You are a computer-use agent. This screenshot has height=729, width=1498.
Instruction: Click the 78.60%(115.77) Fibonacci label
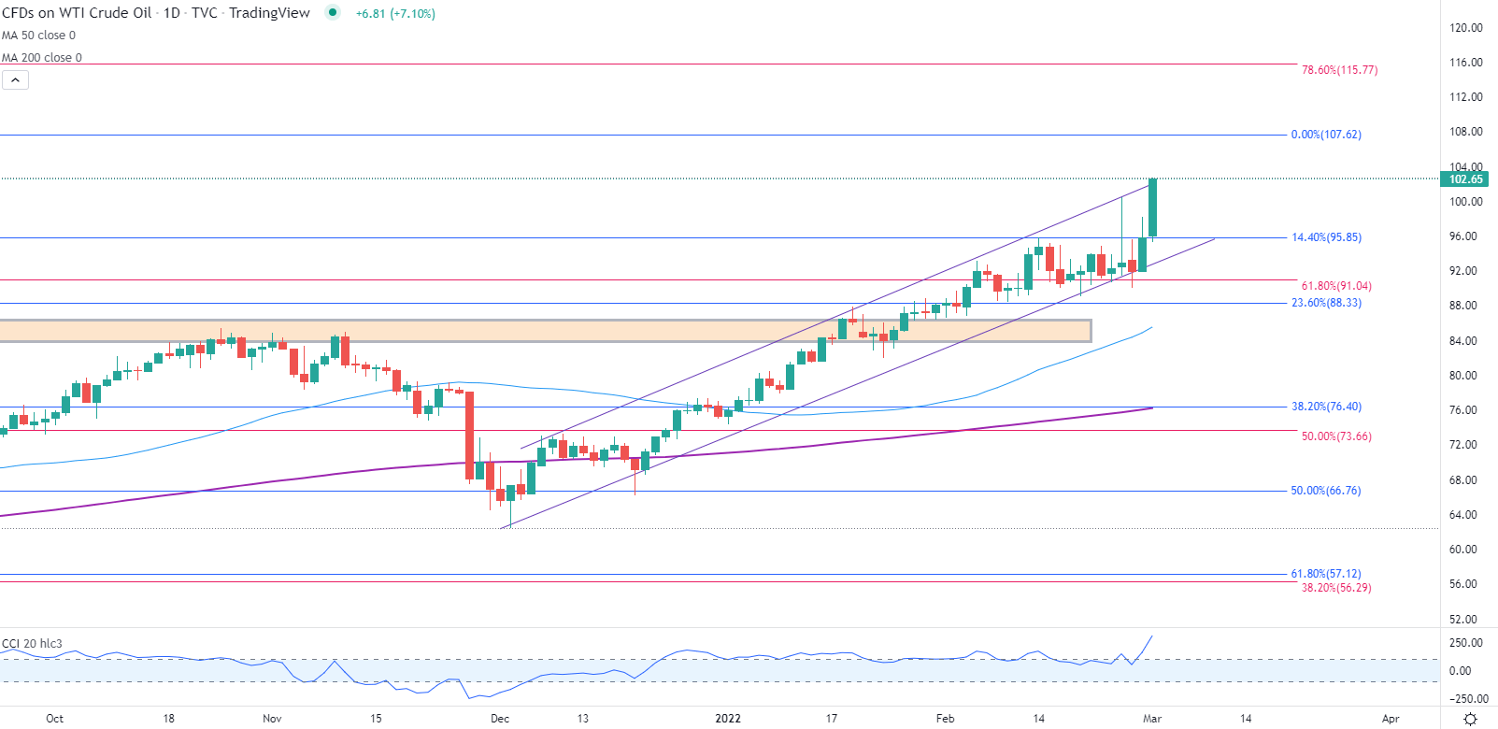pos(1339,70)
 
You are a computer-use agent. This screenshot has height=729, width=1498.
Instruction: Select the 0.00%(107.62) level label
pos(1326,135)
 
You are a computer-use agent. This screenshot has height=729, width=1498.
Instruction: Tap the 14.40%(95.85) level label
pos(1326,237)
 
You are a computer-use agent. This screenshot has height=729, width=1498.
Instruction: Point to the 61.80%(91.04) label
pos(1336,286)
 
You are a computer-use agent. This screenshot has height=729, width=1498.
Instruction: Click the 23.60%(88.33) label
pos(1326,303)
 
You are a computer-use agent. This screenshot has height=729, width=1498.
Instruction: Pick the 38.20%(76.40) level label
pos(1326,407)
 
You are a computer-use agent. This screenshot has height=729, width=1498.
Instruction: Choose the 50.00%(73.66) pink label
pos(1336,436)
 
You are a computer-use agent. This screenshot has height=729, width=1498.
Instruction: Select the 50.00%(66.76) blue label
pos(1325,491)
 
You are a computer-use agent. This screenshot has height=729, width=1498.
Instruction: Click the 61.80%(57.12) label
pos(1325,574)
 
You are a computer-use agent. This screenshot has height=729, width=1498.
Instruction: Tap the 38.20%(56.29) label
pos(1336,588)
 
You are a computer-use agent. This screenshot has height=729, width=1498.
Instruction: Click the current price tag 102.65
pos(1465,179)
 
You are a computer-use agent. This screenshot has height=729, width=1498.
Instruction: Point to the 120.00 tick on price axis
pos(1465,28)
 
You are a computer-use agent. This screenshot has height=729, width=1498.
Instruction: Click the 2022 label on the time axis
pos(728,719)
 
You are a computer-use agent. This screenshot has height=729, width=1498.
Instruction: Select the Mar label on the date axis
pos(1152,719)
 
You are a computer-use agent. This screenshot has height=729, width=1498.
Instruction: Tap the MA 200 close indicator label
pos(42,58)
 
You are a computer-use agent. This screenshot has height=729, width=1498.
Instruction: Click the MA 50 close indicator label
pos(39,36)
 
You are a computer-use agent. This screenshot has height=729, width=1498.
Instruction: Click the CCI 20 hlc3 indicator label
pos(33,644)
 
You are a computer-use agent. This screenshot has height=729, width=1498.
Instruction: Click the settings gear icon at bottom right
pos(1470,719)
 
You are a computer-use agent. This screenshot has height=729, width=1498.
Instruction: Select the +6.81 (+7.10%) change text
pos(395,14)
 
